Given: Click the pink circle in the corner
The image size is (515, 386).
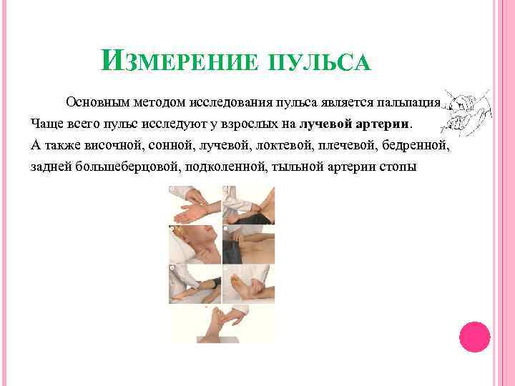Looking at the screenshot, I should tap(474, 336).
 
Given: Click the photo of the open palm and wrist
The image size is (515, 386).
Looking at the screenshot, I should tap(195, 204).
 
